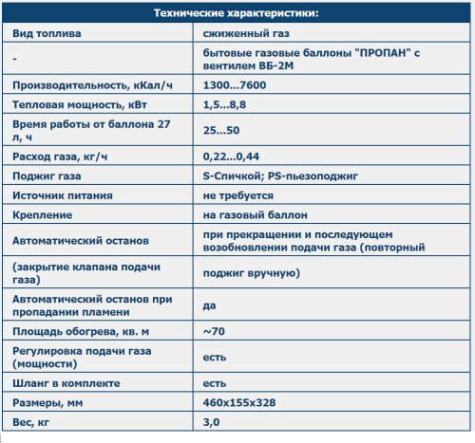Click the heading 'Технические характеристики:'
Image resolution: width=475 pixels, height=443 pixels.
pos(237,14)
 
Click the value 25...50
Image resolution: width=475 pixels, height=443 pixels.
pos(220,130)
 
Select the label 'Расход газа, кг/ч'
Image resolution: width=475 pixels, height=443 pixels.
pos(60,156)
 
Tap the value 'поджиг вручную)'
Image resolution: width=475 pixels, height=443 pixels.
pos(252,274)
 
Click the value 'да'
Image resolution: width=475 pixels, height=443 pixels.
pos(209,305)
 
